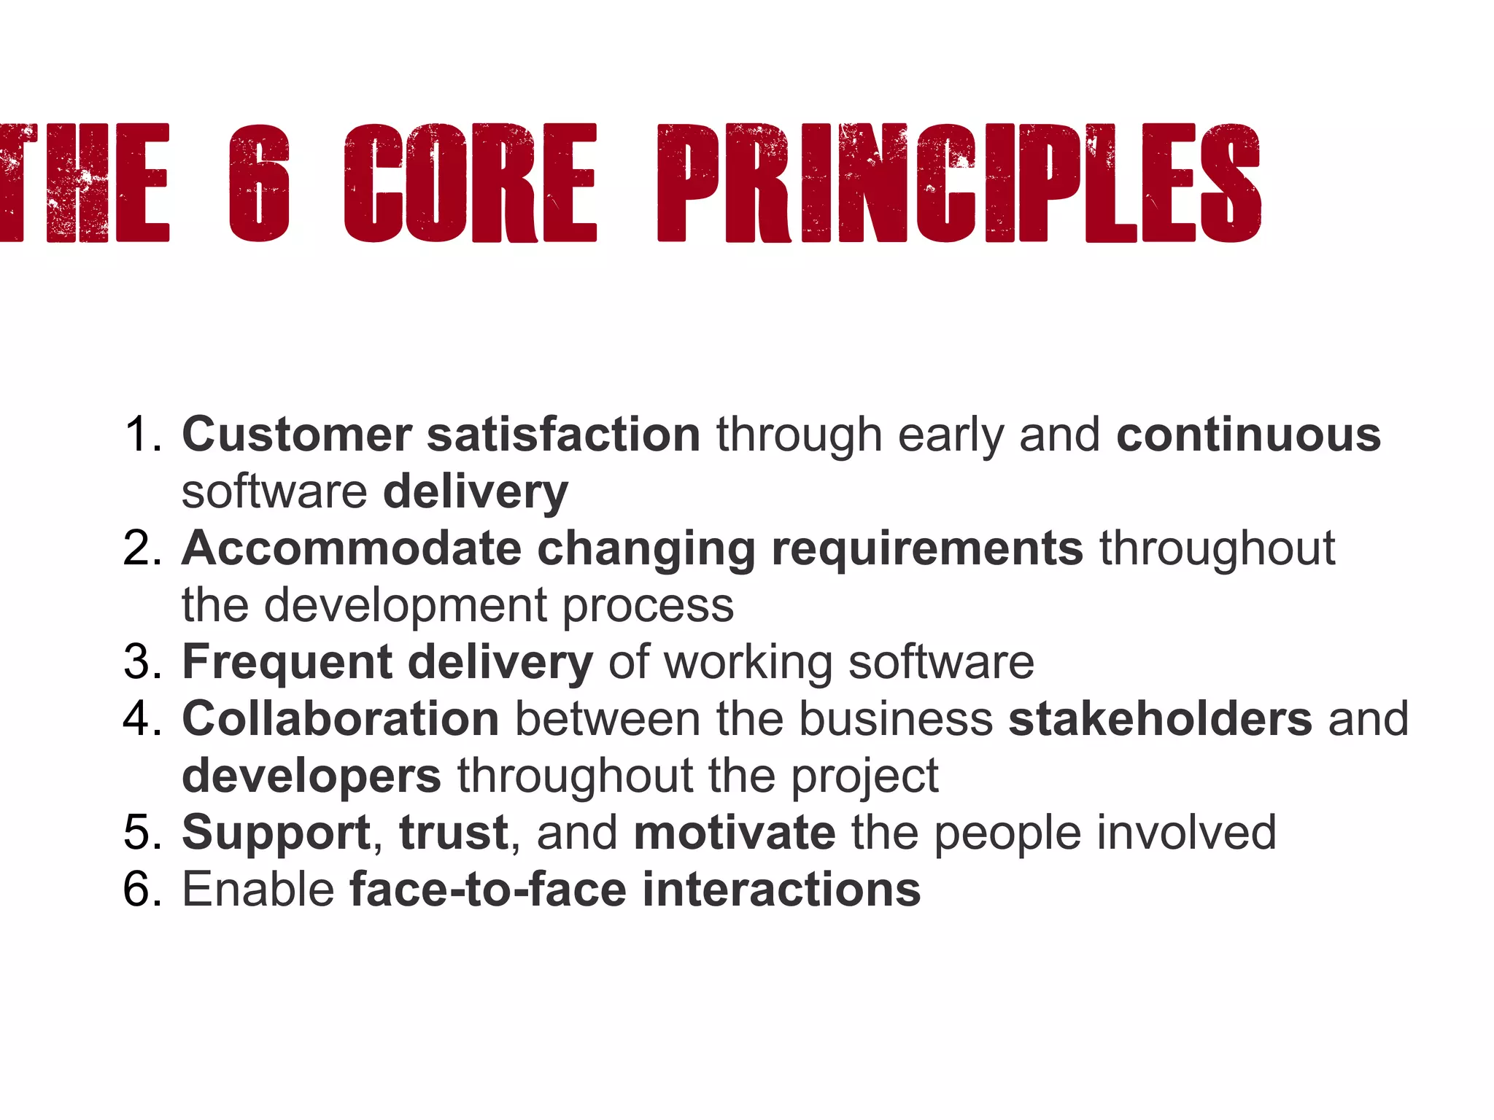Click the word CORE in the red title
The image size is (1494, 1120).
click(471, 183)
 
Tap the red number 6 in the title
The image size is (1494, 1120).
click(259, 183)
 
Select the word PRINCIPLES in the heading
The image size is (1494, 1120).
click(959, 183)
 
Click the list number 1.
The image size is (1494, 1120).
click(142, 435)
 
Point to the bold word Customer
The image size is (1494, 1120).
click(296, 435)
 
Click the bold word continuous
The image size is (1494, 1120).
click(1248, 435)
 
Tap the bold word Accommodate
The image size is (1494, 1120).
click(351, 548)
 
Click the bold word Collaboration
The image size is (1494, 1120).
click(340, 719)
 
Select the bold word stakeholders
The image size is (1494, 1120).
click(1160, 719)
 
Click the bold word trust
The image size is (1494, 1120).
click(453, 833)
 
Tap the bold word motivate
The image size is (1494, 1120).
click(735, 833)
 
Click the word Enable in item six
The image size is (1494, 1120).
click(258, 890)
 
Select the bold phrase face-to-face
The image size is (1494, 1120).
click(488, 890)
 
